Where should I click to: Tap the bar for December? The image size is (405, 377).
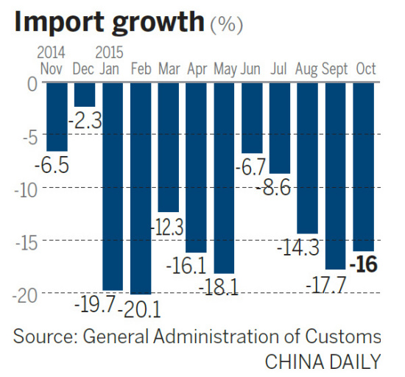coord(84,95)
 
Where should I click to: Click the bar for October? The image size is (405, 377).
coord(364,166)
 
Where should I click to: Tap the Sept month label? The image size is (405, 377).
coord(336,69)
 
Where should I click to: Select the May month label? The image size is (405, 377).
coord(225,69)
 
